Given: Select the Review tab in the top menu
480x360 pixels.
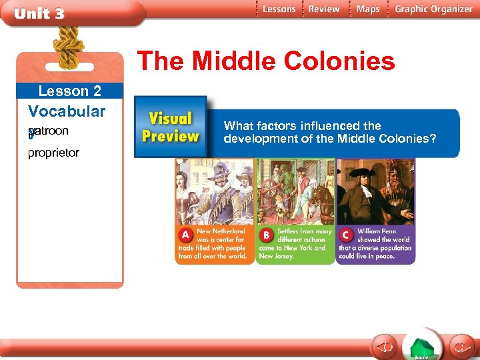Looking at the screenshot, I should [325, 9].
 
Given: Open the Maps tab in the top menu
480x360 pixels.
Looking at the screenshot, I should [368, 9].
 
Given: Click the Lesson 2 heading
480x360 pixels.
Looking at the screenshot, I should [70, 91].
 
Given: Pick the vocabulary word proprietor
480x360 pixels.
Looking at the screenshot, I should [53, 153].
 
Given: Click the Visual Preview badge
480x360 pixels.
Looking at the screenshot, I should [170, 127].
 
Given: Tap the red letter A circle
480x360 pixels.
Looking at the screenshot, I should [185, 235].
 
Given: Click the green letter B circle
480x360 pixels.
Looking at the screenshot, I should [266, 235].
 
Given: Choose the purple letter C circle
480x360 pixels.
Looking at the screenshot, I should [346, 235].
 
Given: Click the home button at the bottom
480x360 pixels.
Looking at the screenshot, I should [421, 347].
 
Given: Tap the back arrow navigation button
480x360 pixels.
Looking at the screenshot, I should [385, 347].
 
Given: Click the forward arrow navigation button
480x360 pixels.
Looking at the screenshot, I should [460, 347].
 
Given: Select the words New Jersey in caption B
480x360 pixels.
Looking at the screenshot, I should [273, 256].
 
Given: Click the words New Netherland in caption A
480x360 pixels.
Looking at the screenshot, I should [221, 231].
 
